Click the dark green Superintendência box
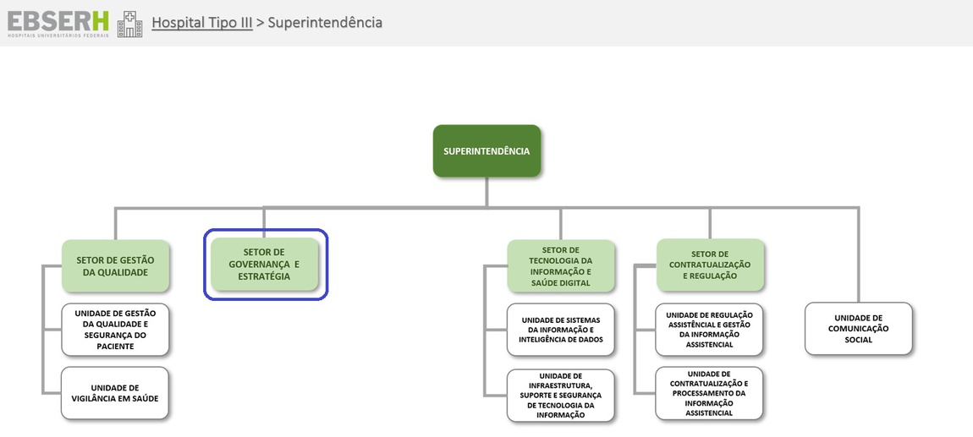tap(486, 151)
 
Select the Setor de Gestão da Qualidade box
tap(115, 266)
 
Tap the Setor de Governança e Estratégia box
tap(264, 264)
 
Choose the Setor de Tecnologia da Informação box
tap(561, 266)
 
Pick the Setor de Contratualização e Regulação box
tap(711, 265)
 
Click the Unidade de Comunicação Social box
tap(859, 329)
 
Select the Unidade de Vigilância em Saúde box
tap(115, 393)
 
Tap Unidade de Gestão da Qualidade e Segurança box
tap(115, 330)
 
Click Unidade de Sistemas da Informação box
tap(561, 330)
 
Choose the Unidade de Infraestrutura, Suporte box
tap(561, 396)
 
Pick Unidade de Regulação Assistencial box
tap(709, 330)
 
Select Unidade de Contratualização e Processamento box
tap(709, 393)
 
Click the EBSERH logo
tap(58, 24)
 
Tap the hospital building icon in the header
tap(129, 24)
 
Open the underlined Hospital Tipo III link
tap(202, 22)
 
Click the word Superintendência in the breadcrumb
tap(325, 22)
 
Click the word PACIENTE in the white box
tap(115, 347)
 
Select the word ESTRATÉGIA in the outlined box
tap(264, 276)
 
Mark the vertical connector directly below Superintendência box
tap(486, 192)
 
